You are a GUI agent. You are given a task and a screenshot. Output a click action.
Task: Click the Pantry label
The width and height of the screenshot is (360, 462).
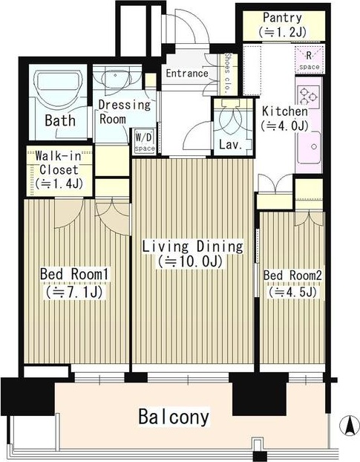282,18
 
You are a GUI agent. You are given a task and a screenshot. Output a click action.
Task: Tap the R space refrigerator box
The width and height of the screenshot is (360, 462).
310,60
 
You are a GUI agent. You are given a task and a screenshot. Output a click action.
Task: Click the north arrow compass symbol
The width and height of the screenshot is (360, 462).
350,426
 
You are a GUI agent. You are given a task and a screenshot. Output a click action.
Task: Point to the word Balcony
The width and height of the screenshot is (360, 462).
174,417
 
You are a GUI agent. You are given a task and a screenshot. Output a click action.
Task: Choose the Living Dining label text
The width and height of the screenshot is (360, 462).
192,246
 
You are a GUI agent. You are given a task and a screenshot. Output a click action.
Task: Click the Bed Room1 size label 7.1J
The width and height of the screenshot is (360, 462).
74,292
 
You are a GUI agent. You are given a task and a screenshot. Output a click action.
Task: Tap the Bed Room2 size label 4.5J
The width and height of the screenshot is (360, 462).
292,292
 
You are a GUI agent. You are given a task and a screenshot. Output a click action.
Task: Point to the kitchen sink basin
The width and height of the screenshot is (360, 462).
309,147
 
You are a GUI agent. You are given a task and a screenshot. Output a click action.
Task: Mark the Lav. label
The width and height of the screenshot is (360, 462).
231,145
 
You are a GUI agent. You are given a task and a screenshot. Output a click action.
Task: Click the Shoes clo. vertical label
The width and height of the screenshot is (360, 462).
227,74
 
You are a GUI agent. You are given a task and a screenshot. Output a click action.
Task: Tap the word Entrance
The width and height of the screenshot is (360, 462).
187,73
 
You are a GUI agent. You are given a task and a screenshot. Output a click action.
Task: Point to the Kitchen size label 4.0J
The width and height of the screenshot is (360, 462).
284,126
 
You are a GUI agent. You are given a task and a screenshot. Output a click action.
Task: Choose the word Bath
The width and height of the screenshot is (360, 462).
60,120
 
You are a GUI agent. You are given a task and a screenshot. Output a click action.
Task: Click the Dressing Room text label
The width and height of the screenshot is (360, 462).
124,112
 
